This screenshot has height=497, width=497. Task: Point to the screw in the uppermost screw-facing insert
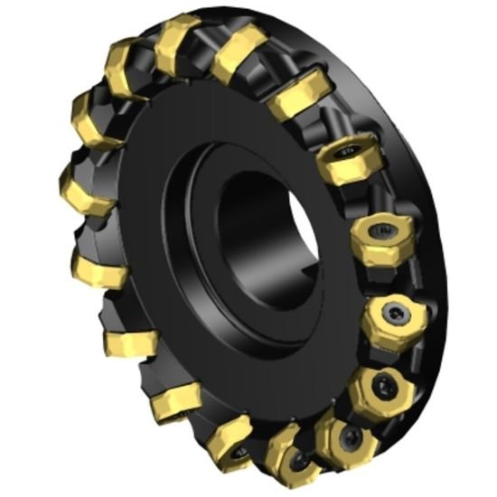tap(344, 153)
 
